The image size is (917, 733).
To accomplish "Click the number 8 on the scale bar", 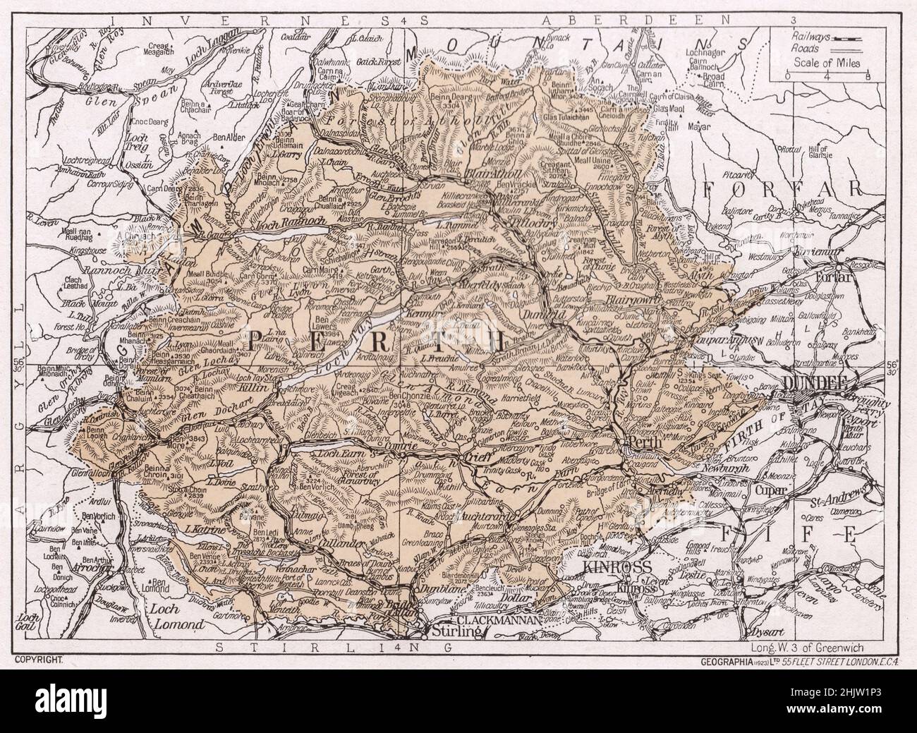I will point(868,76).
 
